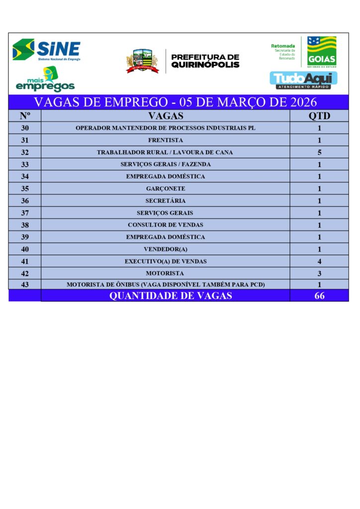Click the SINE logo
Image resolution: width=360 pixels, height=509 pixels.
coord(47,50)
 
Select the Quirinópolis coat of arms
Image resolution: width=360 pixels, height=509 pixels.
coord(142,61)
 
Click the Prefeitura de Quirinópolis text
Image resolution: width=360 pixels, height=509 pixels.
coord(205,61)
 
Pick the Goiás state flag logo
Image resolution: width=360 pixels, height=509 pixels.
coord(321,51)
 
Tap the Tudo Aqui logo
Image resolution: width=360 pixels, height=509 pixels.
coord(303,79)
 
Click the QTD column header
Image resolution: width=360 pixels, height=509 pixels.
coord(319,116)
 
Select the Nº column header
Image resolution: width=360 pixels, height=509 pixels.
coord(25,116)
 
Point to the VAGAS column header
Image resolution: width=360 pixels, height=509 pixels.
coord(166,116)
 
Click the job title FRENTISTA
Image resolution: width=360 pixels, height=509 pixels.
coord(166,140)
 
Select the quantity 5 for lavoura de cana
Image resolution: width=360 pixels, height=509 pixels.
coord(319,152)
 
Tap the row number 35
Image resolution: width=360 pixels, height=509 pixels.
coord(25,189)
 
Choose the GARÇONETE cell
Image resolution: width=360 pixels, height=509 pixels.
coord(166,189)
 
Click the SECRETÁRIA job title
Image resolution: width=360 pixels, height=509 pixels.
coord(166,201)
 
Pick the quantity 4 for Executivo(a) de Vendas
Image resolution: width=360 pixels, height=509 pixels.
coord(319,261)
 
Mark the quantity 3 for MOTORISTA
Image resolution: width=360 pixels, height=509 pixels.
coord(319,273)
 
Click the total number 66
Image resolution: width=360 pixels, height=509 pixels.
coord(319,296)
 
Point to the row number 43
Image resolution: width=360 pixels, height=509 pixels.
coord(25,285)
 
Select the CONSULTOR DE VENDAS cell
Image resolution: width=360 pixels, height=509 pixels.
coord(166,225)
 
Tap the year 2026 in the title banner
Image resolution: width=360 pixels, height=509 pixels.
coord(300,102)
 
